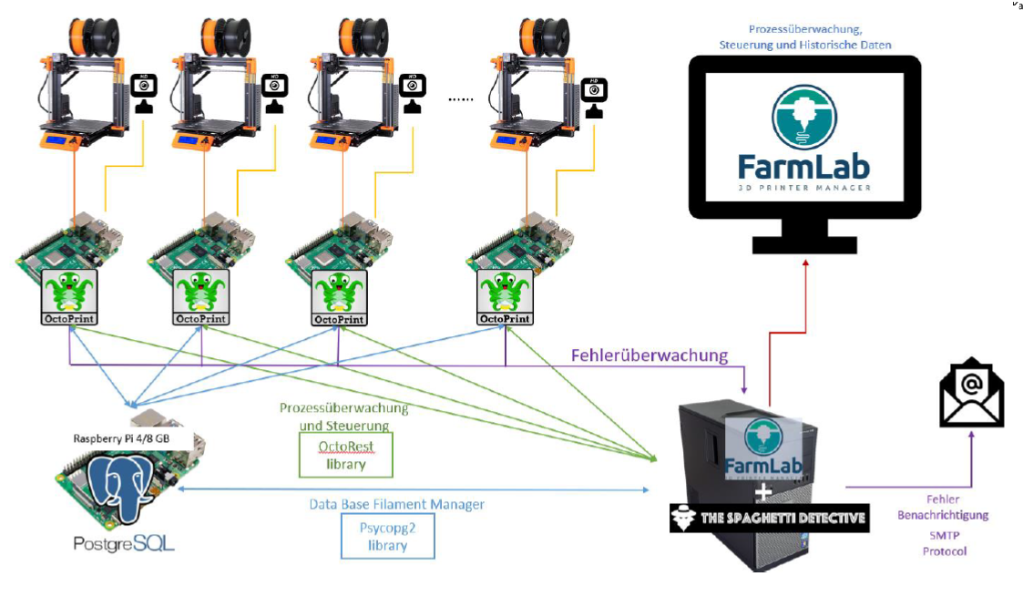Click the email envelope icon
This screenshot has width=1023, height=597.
971,393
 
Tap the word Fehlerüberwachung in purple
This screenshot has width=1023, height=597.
650,355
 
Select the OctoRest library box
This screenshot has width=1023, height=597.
346,454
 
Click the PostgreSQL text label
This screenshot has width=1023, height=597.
124,544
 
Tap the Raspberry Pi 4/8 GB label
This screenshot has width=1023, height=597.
133,438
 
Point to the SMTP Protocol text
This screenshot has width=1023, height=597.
944,543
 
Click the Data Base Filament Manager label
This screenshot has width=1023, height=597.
396,503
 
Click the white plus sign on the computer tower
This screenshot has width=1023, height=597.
763,490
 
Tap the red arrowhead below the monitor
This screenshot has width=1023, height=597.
806,262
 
